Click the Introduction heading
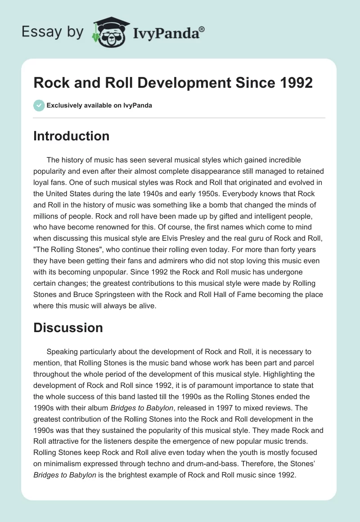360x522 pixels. (71, 136)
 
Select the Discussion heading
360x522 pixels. (68, 328)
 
